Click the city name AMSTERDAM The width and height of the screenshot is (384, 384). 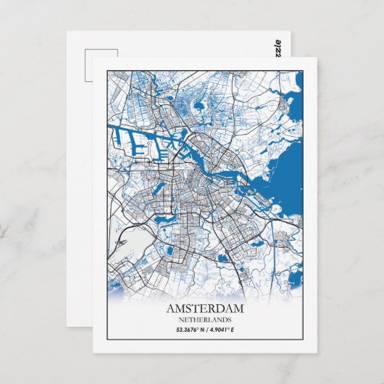point(206,309)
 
